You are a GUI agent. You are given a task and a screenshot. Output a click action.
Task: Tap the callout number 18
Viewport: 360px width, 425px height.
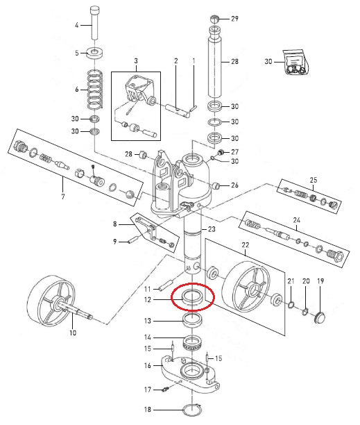[148, 409]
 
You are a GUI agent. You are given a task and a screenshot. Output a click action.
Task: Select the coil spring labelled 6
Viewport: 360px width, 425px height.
[95, 89]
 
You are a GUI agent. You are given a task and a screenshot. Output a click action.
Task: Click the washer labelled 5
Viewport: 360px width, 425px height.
[95, 53]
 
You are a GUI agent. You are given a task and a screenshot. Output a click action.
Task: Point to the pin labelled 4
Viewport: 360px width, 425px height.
[94, 23]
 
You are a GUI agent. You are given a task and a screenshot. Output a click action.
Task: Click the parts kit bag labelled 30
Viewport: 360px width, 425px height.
[295, 62]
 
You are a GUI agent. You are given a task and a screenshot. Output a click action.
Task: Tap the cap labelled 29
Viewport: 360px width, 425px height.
[214, 19]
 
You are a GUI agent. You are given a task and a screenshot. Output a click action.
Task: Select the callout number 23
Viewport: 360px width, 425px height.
[212, 229]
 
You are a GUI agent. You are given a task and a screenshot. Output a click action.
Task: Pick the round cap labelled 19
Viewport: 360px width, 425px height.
[320, 317]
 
